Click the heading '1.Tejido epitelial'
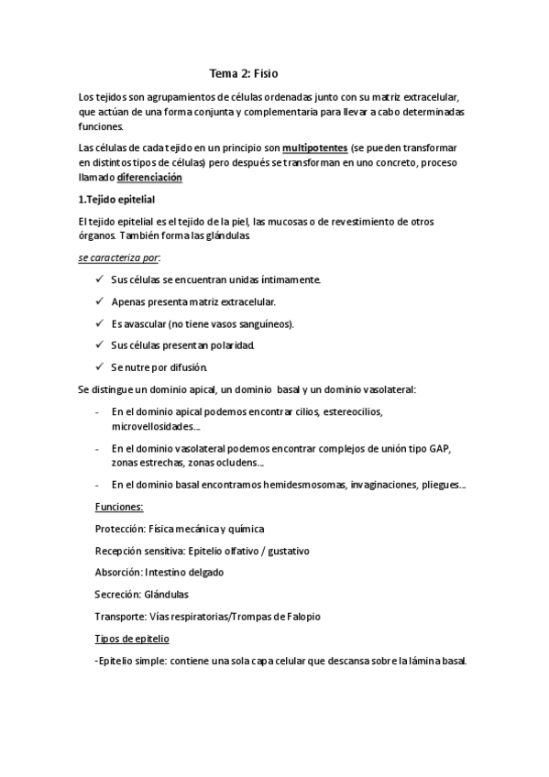pyautogui.click(x=117, y=199)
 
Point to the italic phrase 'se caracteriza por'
pyautogui.click(x=119, y=258)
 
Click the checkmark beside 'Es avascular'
pyautogui.click(x=99, y=323)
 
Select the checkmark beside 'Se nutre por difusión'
pyautogui.click(x=99, y=367)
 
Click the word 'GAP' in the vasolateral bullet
pyautogui.click(x=442, y=448)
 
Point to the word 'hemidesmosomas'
pyautogui.click(x=295, y=485)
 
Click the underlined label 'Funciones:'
pyautogui.click(x=119, y=507)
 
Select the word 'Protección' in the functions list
pyautogui.click(x=120, y=529)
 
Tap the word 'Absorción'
pyautogui.click(x=118, y=572)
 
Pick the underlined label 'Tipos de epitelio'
pyautogui.click(x=132, y=638)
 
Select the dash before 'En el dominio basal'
pyautogui.click(x=98, y=485)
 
